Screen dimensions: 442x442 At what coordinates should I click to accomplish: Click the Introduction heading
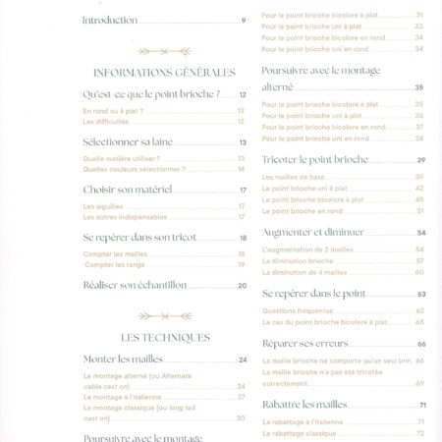(x=109, y=21)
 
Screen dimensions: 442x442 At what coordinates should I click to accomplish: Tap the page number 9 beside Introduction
(x=243, y=21)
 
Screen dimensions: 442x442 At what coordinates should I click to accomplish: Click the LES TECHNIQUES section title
(x=165, y=337)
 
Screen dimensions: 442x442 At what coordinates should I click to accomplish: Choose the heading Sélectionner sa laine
(x=129, y=142)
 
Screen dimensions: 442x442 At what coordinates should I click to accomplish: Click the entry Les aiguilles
(x=103, y=206)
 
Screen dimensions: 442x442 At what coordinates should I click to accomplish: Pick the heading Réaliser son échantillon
(x=136, y=285)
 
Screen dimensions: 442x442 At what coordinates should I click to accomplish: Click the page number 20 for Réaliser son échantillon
(x=242, y=286)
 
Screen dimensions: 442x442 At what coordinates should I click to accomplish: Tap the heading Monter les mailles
(x=123, y=359)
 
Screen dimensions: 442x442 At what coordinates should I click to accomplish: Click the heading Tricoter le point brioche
(x=315, y=159)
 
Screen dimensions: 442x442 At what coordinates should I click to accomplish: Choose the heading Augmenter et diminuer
(x=313, y=233)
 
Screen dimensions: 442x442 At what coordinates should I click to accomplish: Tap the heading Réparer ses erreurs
(x=305, y=344)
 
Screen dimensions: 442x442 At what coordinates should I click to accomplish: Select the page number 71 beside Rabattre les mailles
(x=421, y=405)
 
